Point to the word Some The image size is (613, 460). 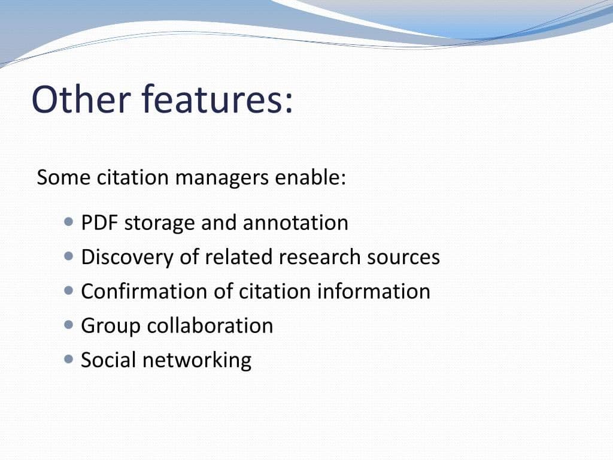tap(62, 178)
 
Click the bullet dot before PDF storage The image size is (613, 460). tap(69, 222)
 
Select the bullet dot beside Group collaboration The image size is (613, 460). tap(69, 325)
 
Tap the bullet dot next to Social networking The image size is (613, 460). tap(69, 359)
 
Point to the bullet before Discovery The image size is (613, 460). tap(69, 256)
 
